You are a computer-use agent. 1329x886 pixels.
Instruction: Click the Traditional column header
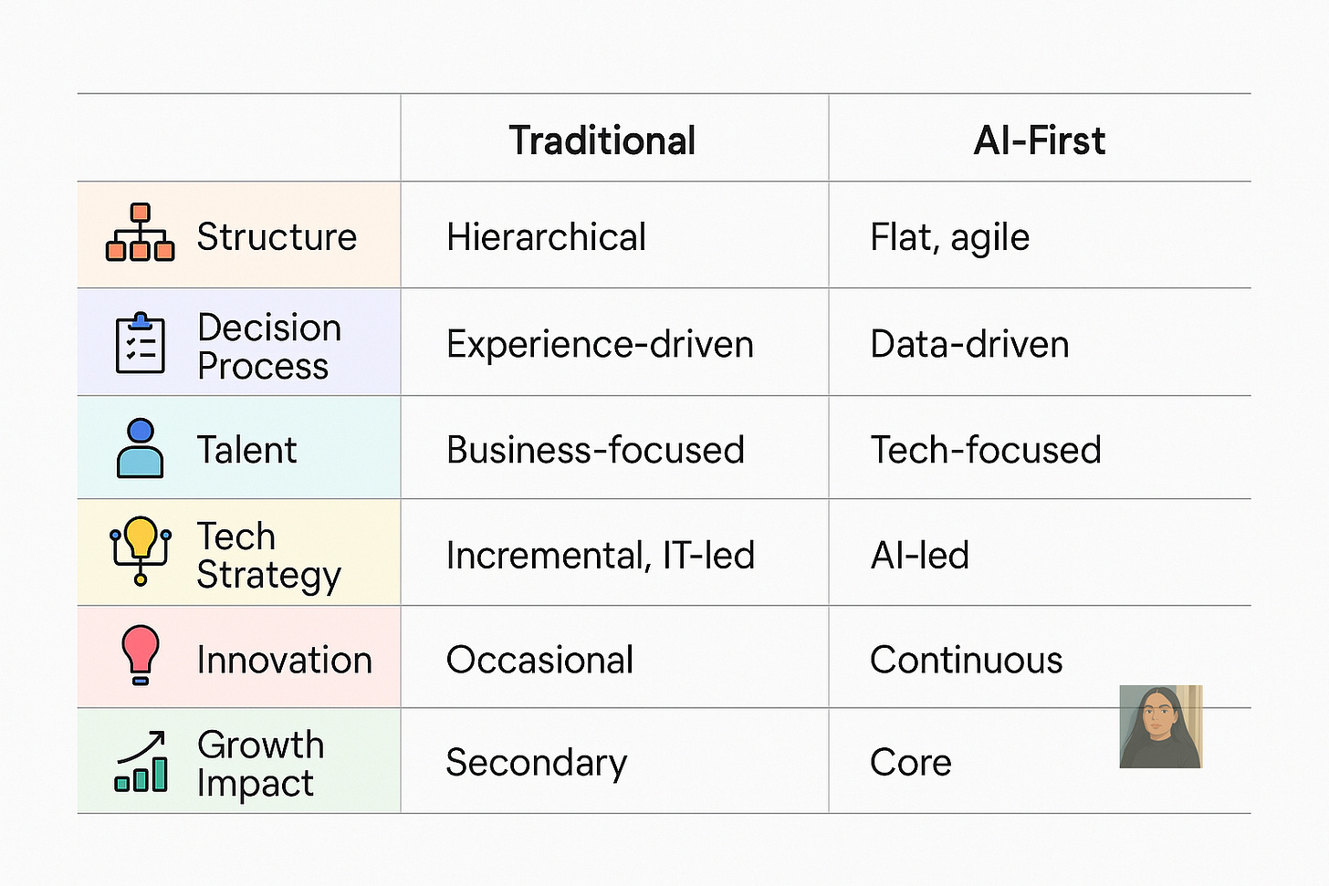(602, 141)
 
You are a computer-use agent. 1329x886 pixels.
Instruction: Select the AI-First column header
(1039, 141)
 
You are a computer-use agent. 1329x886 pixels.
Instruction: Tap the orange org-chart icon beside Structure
(140, 233)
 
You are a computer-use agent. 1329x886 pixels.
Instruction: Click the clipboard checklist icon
(141, 343)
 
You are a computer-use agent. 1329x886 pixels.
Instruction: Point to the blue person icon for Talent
(141, 448)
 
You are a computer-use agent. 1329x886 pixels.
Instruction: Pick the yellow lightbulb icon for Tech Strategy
(141, 550)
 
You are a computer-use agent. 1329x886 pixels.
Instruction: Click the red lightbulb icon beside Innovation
(141, 654)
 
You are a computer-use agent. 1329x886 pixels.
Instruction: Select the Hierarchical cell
(546, 237)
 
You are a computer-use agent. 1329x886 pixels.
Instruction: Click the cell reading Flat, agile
(949, 237)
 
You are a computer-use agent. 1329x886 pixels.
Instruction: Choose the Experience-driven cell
(600, 344)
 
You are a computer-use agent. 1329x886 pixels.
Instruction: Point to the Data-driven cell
(969, 344)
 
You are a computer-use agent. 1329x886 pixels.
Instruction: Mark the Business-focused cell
(595, 450)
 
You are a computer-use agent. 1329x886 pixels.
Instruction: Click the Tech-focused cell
(986, 450)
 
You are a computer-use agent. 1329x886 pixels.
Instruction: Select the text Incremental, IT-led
(600, 555)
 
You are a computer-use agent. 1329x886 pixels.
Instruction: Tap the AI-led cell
(919, 555)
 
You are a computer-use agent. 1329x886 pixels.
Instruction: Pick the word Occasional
(539, 660)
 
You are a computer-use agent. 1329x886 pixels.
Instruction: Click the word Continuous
(966, 660)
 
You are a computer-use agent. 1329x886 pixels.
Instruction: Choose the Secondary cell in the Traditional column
(536, 763)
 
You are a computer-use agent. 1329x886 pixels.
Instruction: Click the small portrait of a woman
(1160, 726)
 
